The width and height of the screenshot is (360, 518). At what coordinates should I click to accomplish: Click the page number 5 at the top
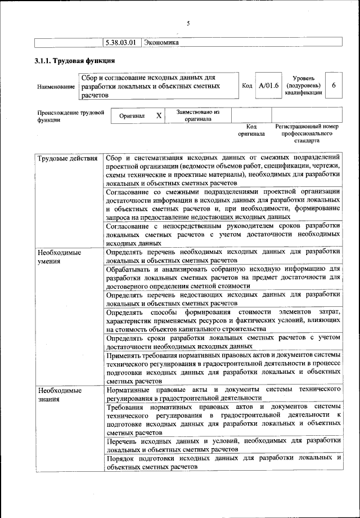(188, 24)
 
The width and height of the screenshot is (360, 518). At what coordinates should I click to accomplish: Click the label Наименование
(55, 87)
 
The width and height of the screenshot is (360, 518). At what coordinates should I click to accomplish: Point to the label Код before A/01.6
(246, 86)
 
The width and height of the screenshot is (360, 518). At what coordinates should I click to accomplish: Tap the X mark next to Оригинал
(159, 115)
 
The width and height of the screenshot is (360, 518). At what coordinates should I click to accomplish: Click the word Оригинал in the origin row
(132, 115)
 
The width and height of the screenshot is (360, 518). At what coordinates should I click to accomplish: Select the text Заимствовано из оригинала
(197, 115)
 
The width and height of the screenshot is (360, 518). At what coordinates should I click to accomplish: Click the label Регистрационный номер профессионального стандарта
(307, 134)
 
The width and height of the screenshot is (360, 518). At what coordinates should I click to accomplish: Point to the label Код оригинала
(251, 131)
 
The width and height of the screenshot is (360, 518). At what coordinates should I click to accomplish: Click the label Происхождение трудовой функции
(71, 116)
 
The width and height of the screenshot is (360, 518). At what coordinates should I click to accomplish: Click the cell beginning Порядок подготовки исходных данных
(223, 462)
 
